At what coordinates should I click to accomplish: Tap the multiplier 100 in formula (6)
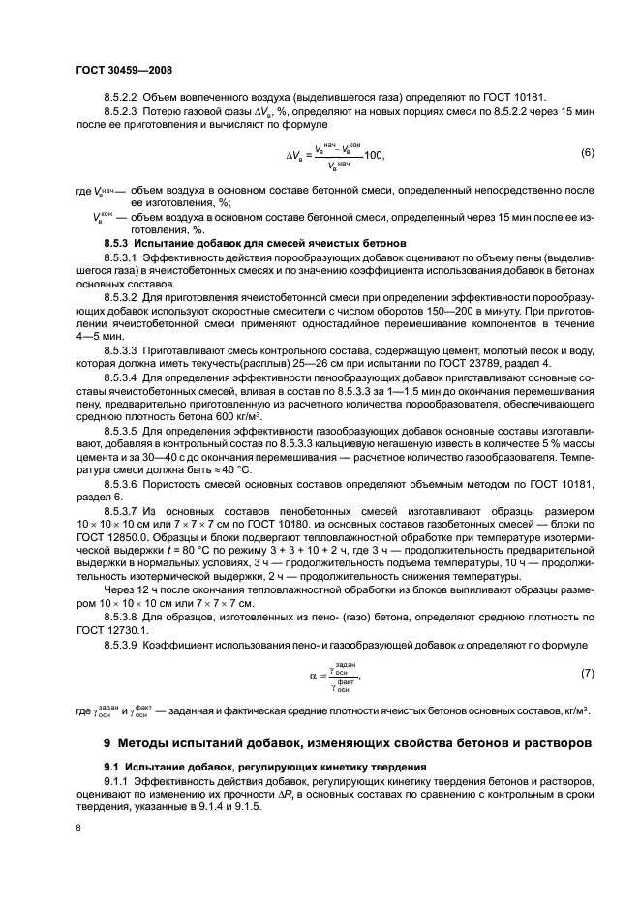coord(373,155)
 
